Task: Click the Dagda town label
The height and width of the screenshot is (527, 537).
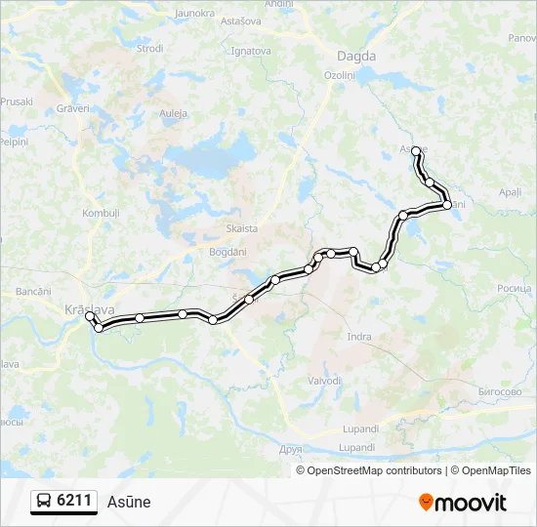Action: coord(355,56)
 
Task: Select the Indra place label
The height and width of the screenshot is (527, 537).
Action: coord(359,337)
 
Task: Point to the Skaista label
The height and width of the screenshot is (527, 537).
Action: coord(241,228)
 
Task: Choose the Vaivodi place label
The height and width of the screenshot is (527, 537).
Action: coord(324,381)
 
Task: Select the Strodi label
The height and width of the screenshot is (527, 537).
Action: coord(150,48)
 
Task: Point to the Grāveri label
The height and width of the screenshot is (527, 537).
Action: coord(72,108)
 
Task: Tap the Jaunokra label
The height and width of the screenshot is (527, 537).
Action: coord(193,14)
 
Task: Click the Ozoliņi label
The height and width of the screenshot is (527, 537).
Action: coord(340,75)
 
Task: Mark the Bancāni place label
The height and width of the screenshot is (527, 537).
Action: coord(33,292)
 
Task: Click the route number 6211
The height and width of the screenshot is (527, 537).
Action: coord(74,501)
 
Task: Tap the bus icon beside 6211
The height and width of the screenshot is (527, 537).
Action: coord(44,502)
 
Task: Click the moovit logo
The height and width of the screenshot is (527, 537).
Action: coord(463,503)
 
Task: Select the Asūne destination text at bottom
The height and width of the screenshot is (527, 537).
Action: coord(129,502)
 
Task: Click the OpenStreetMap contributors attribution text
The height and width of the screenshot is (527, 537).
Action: coord(374,470)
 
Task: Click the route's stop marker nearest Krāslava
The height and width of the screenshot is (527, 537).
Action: coord(90,316)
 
